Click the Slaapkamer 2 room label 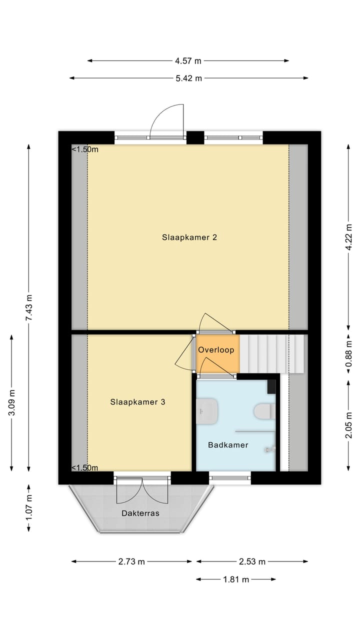pyautogui.click(x=189, y=237)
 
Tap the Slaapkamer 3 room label pyautogui.click(x=137, y=401)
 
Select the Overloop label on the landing pyautogui.click(x=216, y=350)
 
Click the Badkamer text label pyautogui.click(x=228, y=445)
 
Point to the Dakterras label pyautogui.click(x=140, y=513)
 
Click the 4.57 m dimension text pyautogui.click(x=188, y=61)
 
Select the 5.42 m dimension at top pyautogui.click(x=188, y=78)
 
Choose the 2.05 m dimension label pyautogui.click(x=348, y=425)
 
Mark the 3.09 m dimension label pyautogui.click(x=11, y=402)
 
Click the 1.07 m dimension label pyautogui.click(x=28, y=507)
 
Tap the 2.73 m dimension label pyautogui.click(x=131, y=561)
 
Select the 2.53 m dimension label pyautogui.click(x=252, y=561)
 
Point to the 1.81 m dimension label pyautogui.click(x=236, y=579)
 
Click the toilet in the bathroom pyautogui.click(x=263, y=411)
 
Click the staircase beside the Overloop pyautogui.click(x=272, y=354)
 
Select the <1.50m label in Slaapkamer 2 pyautogui.click(x=85, y=149)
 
